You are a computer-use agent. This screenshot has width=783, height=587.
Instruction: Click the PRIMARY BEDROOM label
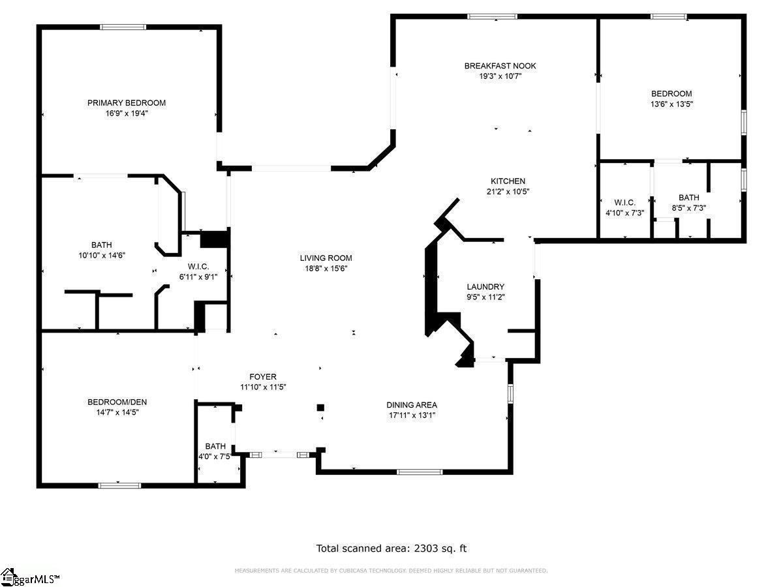(127, 103)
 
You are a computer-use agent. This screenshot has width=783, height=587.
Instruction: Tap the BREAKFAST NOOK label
(500, 66)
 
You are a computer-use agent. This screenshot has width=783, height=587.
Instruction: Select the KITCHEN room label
(508, 181)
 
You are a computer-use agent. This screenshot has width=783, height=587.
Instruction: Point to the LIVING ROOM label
(326, 258)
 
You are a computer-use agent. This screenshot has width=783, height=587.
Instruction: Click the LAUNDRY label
(485, 286)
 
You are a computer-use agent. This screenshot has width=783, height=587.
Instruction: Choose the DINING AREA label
(412, 405)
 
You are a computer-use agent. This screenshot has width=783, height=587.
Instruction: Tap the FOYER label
(263, 377)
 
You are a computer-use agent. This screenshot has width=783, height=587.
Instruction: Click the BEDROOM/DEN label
(117, 402)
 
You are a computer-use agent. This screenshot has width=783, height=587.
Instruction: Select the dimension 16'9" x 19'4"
(127, 113)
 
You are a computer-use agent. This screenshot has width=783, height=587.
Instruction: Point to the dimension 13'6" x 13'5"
(671, 104)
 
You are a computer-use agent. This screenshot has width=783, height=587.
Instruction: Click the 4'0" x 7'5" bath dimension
(215, 457)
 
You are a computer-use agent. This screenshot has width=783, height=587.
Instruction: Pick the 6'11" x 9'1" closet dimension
(198, 277)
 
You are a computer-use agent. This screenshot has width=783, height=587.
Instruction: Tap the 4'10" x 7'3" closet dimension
(624, 213)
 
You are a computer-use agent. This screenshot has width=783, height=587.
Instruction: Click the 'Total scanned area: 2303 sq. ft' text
(391, 548)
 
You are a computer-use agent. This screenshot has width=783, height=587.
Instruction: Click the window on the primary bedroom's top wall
(123, 27)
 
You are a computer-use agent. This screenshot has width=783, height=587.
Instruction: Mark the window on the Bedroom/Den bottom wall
(119, 485)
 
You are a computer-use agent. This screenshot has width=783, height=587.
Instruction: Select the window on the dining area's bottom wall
(420, 472)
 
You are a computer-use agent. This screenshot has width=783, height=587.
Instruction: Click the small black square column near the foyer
(320, 408)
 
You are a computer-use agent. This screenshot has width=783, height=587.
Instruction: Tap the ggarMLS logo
(29, 577)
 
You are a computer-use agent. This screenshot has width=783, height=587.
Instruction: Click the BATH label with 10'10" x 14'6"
(102, 245)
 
